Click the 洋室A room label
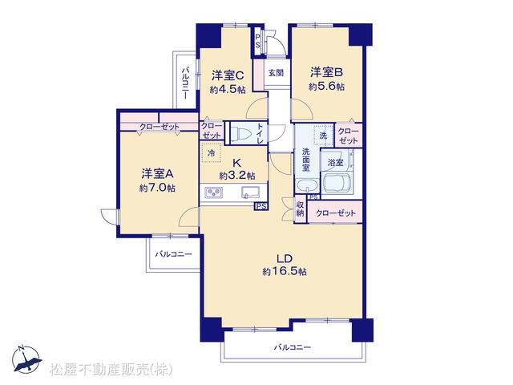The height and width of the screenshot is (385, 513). point(157,173)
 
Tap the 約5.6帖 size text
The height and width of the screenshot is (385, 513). point(326,87)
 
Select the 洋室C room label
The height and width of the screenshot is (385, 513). point(228,75)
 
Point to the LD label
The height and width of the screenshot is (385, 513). point(285,258)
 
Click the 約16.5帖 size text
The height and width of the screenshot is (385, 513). point(285,271)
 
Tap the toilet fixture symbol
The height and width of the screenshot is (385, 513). point(240,134)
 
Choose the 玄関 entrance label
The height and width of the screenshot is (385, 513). point(276,73)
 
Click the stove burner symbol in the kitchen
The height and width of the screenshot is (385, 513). point(214,192)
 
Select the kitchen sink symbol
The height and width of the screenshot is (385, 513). point(250,192)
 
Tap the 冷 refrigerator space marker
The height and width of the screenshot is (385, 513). point(212,152)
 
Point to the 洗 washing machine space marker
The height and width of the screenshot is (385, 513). point(323,136)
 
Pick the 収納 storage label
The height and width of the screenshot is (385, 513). point(300,209)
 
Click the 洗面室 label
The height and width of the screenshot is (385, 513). point(305,160)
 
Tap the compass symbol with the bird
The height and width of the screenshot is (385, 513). point(26,359)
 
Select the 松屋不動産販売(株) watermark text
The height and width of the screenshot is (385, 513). point(111,369)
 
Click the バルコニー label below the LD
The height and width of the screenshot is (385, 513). point(293,347)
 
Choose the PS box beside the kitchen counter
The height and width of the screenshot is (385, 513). point(261,206)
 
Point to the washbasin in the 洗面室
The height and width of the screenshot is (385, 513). point(306,186)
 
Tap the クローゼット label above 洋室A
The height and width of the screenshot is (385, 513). point(160,127)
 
